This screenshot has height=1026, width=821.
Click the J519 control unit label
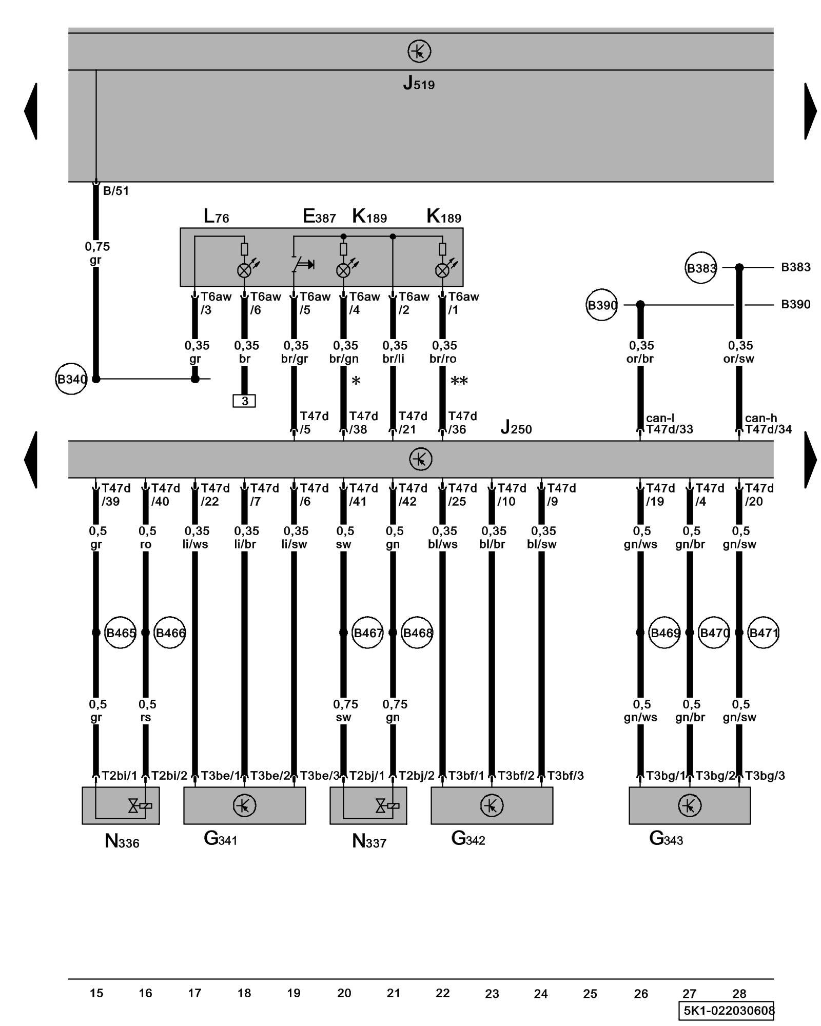pos(419,83)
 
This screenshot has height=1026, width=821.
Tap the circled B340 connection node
pos(71,379)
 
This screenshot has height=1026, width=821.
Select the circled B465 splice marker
pos(120,633)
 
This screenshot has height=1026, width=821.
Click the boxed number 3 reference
pos(244,401)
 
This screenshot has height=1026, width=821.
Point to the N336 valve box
pos(121,805)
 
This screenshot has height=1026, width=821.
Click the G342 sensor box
pos(492,805)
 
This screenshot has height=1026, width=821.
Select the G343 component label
pos(666,838)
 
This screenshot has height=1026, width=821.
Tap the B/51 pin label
pos(116,191)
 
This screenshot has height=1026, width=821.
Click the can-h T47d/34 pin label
pos(768,424)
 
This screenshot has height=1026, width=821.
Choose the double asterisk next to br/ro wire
pos(459,381)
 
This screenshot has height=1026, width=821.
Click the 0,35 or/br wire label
pos(640,352)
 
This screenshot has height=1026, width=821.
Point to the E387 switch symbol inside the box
pos(303,264)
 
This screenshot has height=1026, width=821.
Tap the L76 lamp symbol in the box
pos(245,270)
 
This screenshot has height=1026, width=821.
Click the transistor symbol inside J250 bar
pos(420,459)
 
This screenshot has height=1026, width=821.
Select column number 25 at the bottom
pos(590,994)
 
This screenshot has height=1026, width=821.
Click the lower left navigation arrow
pos(31,460)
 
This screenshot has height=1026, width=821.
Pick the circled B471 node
pos(763,633)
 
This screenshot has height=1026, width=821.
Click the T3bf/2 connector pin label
pos(516,776)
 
